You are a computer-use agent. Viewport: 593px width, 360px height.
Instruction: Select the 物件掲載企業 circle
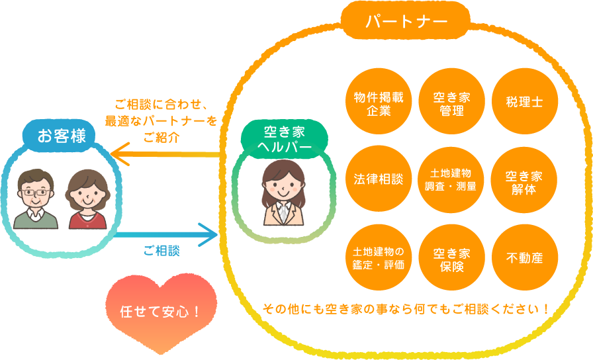click(x=379, y=103)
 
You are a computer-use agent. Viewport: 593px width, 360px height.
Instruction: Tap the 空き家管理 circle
click(x=451, y=103)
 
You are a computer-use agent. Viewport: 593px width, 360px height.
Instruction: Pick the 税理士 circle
click(x=524, y=103)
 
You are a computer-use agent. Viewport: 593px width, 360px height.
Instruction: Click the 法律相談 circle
click(x=379, y=179)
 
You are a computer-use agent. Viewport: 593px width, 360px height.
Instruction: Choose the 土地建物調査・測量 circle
click(x=451, y=179)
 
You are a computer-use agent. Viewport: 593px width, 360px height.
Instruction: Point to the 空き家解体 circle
click(x=524, y=179)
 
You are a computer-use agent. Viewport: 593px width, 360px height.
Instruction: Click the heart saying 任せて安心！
click(x=161, y=311)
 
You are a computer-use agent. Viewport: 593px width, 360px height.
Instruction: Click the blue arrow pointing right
click(x=165, y=233)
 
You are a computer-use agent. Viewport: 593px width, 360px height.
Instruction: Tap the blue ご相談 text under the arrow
click(x=161, y=251)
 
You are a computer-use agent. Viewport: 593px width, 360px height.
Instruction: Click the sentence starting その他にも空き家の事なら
click(x=406, y=308)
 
